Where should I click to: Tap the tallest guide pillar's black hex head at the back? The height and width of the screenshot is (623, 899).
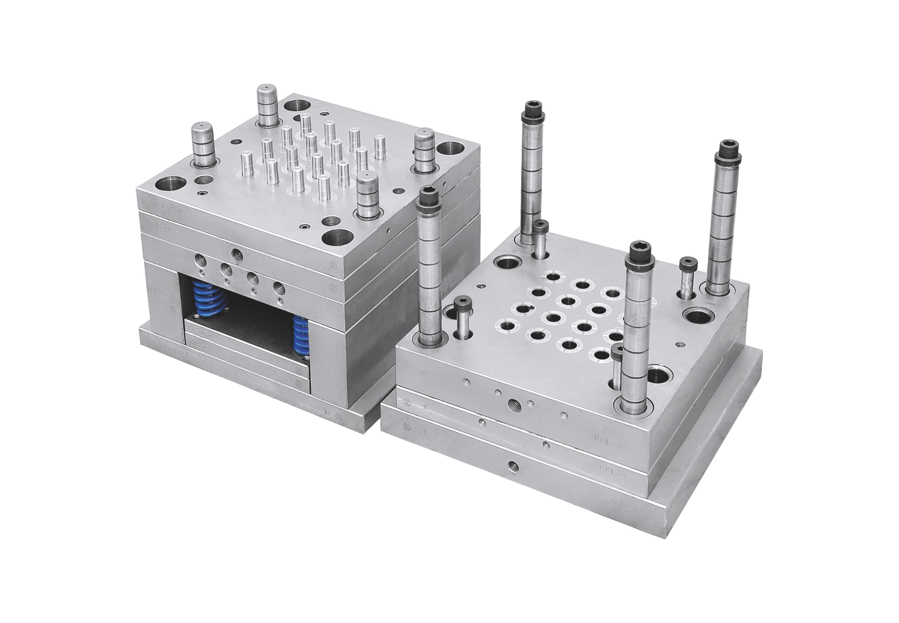(531, 109)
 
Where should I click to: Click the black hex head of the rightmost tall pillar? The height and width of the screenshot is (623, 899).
(728, 149)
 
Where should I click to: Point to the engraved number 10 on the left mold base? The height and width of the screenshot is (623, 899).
(327, 411)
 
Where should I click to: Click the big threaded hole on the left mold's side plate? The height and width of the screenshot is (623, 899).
(237, 256)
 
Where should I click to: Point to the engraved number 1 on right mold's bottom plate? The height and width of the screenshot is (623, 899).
(427, 432)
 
